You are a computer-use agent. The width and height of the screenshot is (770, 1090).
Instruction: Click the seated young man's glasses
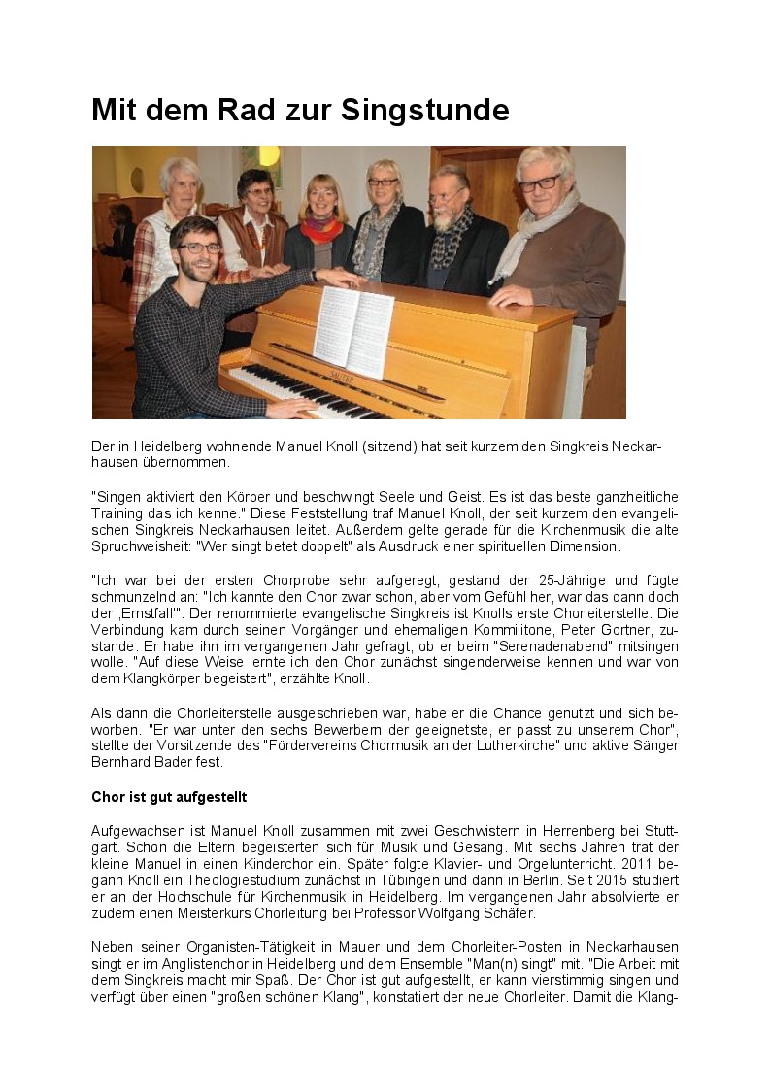199,248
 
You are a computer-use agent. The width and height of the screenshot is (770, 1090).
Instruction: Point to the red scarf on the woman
321,230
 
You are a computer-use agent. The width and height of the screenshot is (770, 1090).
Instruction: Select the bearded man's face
447,197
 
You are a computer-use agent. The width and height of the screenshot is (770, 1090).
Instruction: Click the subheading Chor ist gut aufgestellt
169,797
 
